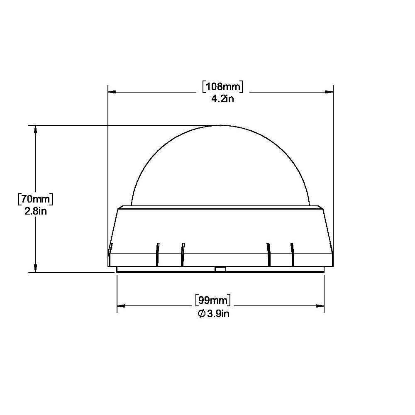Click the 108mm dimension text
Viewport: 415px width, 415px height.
coord(222,87)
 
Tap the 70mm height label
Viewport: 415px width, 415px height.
coord(35,198)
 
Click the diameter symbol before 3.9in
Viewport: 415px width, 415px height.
coord(201,314)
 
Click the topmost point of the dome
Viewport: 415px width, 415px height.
coord(221,125)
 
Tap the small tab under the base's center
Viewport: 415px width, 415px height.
coord(220,270)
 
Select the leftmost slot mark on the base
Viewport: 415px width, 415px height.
coord(156,254)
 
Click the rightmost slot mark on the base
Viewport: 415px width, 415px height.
coord(293,254)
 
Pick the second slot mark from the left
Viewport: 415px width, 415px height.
coord(182,254)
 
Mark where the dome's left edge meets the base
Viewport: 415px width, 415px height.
coord(131,205)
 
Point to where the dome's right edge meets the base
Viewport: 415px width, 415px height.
coord(310,205)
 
